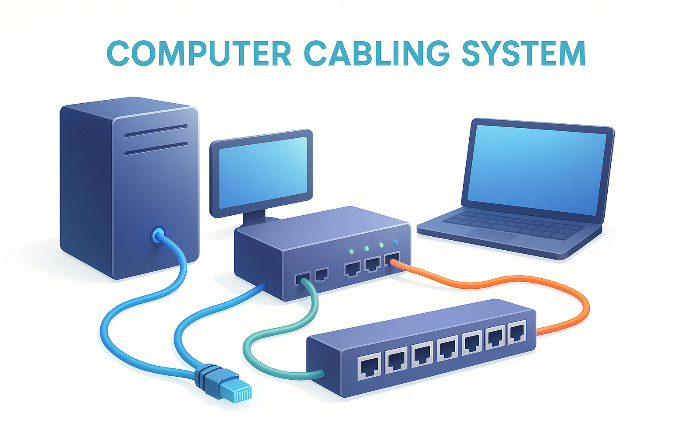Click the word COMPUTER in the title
[199, 53]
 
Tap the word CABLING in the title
[376, 53]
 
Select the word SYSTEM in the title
[524, 53]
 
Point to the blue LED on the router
[396, 242]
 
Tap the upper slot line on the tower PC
[156, 131]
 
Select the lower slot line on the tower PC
[156, 149]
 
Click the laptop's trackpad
[491, 234]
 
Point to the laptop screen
[536, 170]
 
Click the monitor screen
[263, 172]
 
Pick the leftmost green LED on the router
[352, 252]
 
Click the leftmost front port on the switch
[369, 366]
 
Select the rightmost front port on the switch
[517, 332]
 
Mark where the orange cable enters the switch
[537, 332]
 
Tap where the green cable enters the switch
[322, 374]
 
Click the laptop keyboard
[514, 225]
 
